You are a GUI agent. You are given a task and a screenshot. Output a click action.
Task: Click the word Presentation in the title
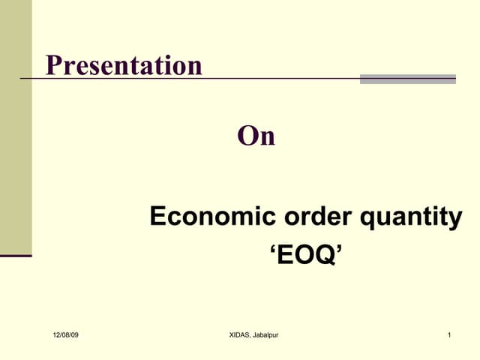tap(124, 65)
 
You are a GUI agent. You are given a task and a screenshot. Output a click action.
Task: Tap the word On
tap(256, 136)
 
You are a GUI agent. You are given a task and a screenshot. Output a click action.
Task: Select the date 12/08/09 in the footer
tap(65, 334)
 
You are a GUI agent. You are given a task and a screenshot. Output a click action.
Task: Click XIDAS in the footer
tap(241, 334)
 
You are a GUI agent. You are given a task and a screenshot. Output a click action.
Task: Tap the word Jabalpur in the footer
tap(265, 334)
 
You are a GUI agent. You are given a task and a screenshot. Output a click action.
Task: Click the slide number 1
tap(448, 334)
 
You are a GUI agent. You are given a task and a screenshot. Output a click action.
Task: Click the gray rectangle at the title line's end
tap(407, 79)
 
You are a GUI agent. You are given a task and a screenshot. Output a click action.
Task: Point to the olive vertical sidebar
tap(16, 127)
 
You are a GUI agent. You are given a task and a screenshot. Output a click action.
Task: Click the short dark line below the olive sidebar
tap(16, 256)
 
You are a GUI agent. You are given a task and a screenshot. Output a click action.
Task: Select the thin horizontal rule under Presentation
tap(225, 79)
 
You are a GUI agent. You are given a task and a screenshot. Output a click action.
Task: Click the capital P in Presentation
tap(53, 65)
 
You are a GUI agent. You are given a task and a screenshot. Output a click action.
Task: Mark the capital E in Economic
tap(157, 217)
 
